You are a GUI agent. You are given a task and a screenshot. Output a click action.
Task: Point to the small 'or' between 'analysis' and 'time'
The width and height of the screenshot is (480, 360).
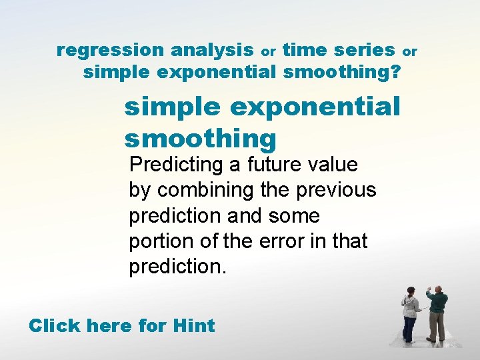268,51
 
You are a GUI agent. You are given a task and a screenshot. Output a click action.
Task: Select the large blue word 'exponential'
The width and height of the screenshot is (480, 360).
320,107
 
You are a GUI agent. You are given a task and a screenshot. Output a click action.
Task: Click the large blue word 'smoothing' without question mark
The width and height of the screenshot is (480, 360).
200,139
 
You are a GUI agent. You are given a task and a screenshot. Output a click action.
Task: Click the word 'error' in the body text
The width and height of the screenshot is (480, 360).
273,241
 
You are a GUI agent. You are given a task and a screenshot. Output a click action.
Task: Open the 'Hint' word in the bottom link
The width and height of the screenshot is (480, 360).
193,326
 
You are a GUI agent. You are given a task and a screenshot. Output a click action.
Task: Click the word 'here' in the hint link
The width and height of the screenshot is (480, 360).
109,326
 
